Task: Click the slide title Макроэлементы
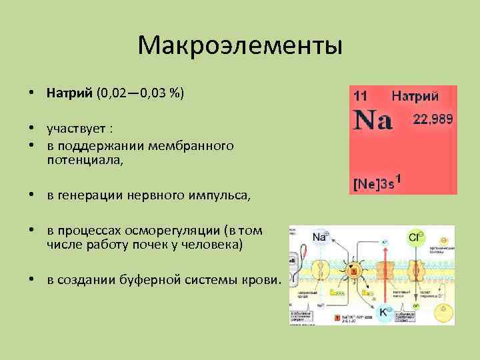pos(240,46)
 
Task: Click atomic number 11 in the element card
pos(360,97)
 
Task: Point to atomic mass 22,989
pos(433,119)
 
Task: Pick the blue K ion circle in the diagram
pos(385,311)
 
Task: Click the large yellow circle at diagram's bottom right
pos(443,311)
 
